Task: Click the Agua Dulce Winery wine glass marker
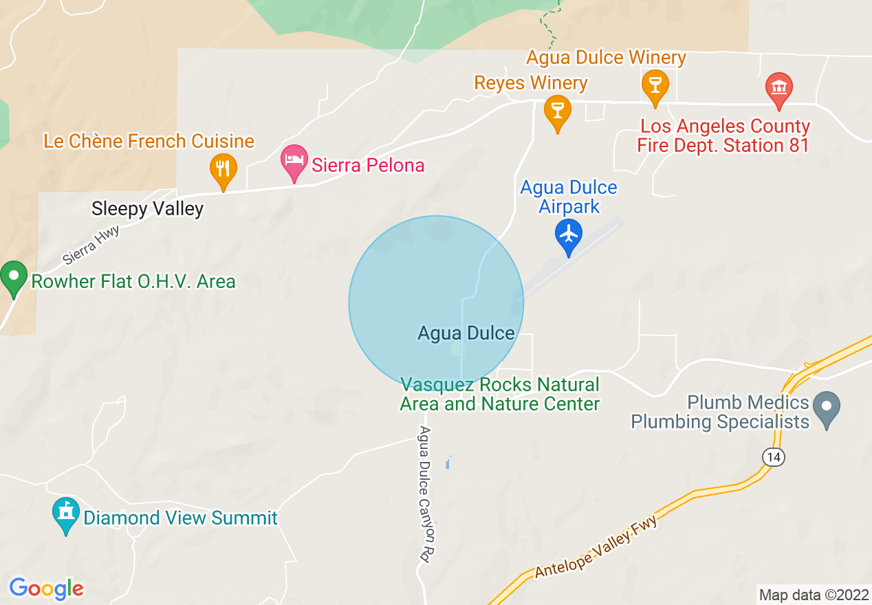point(655,85)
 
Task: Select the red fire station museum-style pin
point(778,88)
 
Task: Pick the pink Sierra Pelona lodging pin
point(294,161)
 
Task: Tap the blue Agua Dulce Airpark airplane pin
point(569,235)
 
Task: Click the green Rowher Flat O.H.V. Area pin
point(13,278)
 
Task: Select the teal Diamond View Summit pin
point(66,513)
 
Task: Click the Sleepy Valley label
point(148,209)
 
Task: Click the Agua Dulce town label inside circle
point(466,333)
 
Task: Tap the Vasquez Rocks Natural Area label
point(500,394)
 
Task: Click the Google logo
point(46,588)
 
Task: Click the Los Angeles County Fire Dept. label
point(724,136)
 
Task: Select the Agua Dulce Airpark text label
point(569,197)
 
